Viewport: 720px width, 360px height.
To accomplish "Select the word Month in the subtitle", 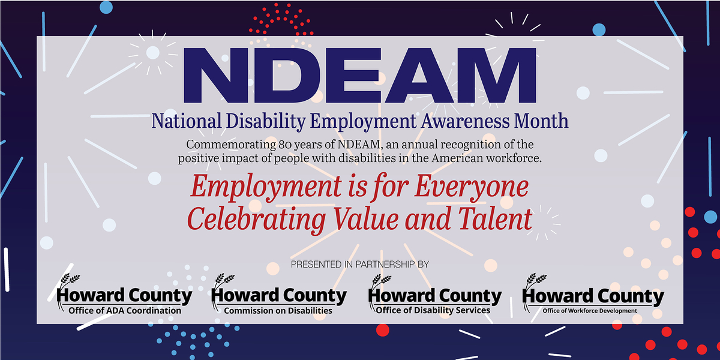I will tap(543, 121).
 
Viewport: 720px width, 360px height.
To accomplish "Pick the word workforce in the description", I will tap(513, 158).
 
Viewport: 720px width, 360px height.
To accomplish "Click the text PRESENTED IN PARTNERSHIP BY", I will tap(360, 264).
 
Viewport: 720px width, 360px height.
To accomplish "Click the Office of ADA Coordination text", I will tap(125, 311).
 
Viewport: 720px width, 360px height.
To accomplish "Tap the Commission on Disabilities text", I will tap(278, 311).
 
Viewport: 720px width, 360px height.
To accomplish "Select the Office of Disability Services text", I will tap(433, 311).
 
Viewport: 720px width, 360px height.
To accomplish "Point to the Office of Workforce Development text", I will tap(590, 311).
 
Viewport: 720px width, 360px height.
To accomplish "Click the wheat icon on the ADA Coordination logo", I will tap(68, 281).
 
